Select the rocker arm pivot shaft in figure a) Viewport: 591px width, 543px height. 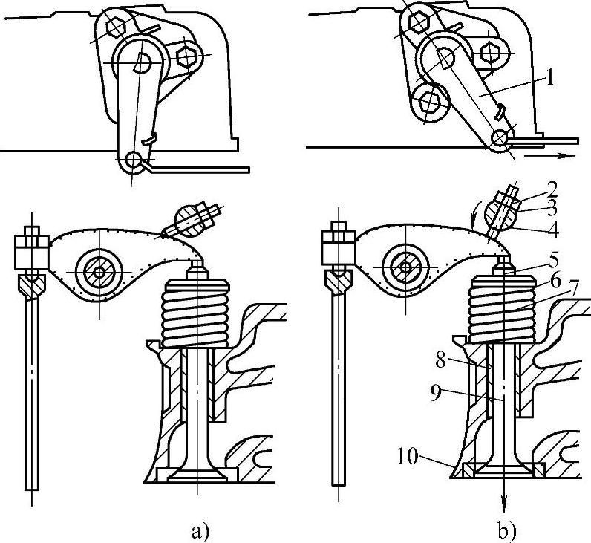point(99,272)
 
